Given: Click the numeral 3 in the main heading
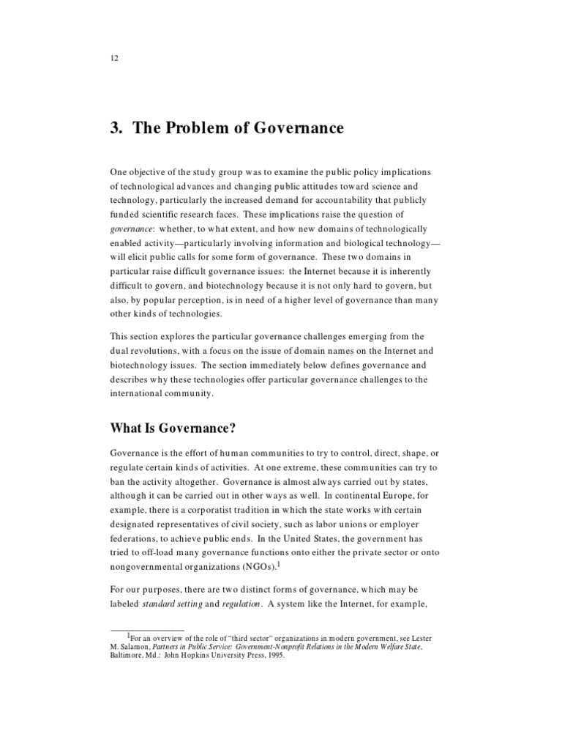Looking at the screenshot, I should pos(116,128).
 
